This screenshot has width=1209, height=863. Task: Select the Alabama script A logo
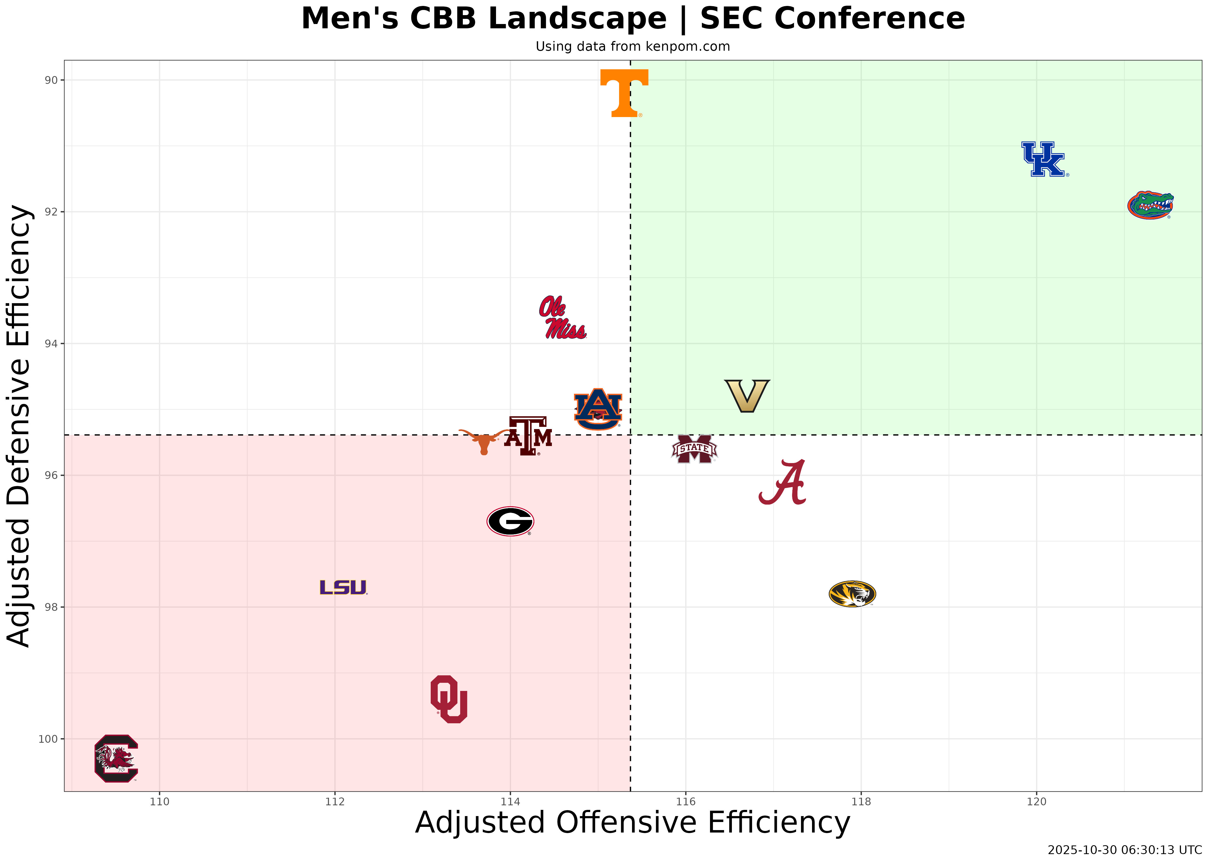[783, 482]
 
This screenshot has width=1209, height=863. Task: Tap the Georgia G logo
[510, 521]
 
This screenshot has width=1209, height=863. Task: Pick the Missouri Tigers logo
[852, 594]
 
